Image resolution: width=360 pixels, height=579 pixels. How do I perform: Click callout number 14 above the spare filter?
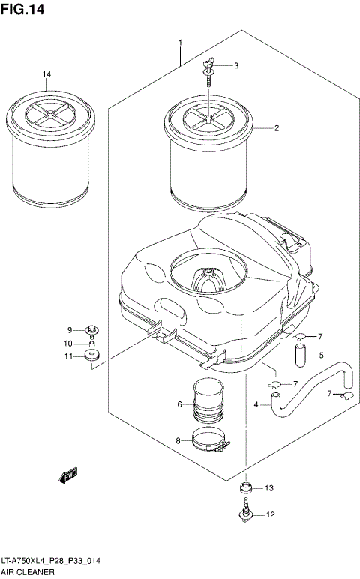click(46, 73)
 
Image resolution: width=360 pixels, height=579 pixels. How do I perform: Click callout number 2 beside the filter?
click(276, 128)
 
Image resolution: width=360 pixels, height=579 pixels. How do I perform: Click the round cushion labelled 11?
click(93, 355)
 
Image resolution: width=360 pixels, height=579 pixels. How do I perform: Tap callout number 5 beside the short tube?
click(320, 355)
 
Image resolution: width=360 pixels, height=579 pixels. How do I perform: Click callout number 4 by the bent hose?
click(256, 404)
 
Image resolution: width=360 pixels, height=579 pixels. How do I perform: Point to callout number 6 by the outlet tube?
click(180, 405)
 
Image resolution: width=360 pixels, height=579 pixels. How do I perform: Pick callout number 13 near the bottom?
click(269, 488)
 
